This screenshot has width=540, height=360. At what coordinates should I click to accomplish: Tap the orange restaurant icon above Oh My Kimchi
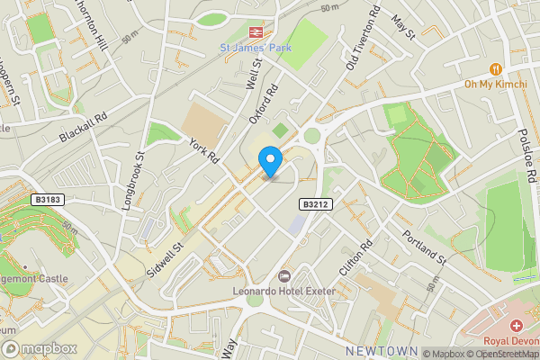pyautogui.click(x=494, y=68)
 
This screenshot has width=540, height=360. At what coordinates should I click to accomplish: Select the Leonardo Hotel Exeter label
pyautogui.click(x=283, y=292)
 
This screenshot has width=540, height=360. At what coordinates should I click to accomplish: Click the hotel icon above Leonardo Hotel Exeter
pyautogui.click(x=284, y=275)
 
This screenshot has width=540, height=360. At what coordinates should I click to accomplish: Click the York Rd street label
pyautogui.click(x=204, y=149)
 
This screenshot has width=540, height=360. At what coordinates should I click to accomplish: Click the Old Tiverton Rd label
pyautogui.click(x=364, y=41)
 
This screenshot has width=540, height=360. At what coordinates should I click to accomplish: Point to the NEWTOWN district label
pyautogui.click(x=381, y=350)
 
